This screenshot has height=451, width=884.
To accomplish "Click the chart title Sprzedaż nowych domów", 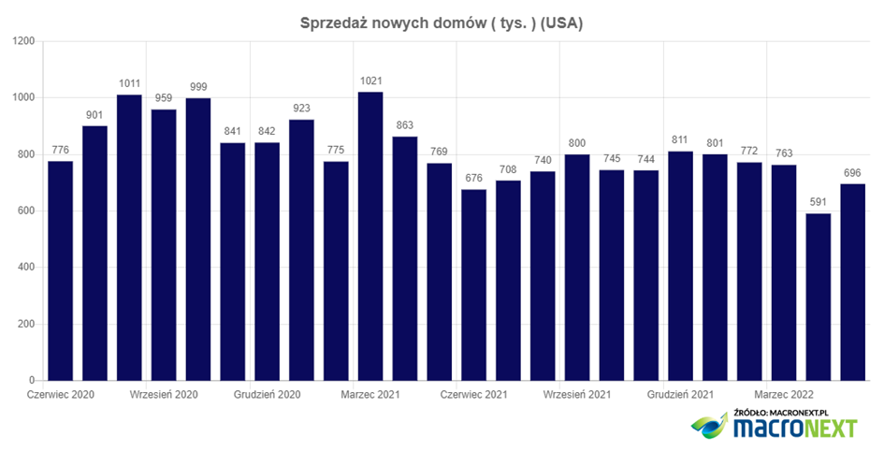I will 441,23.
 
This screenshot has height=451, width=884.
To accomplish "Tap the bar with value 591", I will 819,297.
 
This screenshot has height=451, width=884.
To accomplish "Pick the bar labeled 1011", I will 129,238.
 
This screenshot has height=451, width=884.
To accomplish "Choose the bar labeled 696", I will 852,282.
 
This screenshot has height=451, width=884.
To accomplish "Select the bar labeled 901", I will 94,253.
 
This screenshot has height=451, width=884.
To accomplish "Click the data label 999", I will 198,86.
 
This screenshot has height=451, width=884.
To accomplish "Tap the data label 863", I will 405,124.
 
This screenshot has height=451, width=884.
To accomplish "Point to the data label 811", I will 680,139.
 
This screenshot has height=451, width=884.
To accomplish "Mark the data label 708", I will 508,168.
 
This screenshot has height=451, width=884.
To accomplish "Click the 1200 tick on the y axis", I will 22,41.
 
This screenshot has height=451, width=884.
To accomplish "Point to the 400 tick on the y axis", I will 25,268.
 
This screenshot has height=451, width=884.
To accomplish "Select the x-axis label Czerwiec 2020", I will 60,394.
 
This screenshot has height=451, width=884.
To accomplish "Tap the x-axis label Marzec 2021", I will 370,394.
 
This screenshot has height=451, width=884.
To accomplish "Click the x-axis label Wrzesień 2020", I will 164,394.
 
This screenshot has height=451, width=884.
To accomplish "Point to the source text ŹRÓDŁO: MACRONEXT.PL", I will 791,411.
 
